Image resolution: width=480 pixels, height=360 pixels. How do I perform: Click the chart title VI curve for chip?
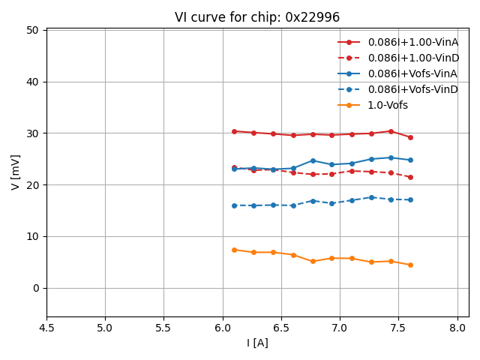pyautogui.click(x=257, y=17)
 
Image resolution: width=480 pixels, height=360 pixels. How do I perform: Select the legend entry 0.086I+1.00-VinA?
pyautogui.click(x=412, y=42)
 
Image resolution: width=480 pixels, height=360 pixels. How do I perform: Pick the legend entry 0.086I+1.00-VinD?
pyautogui.click(x=412, y=58)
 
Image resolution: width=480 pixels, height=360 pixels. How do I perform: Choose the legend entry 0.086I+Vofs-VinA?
pyautogui.click(x=412, y=73)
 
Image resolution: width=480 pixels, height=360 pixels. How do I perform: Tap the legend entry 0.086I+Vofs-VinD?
pyautogui.click(x=412, y=89)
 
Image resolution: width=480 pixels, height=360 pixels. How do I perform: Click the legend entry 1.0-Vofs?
pyautogui.click(x=388, y=105)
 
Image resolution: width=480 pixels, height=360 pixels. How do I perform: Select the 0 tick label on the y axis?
pyautogui.click(x=37, y=288)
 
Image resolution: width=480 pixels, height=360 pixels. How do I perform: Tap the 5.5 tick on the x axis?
pyautogui.click(x=163, y=328)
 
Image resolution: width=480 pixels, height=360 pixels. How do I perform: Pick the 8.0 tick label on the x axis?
pyautogui.click(x=457, y=328)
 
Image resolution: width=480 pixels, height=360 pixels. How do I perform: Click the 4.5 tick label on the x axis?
pyautogui.click(x=46, y=328)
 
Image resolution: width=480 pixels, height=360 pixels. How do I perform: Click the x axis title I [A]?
pyautogui.click(x=257, y=343)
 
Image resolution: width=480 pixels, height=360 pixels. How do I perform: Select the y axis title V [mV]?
pyautogui.click(x=16, y=172)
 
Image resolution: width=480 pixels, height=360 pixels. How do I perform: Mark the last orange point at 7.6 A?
pyautogui.click(x=410, y=265)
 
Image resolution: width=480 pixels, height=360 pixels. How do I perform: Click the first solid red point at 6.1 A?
pyautogui.click(x=234, y=131)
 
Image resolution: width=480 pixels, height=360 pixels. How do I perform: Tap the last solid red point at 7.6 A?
pyautogui.click(x=410, y=137)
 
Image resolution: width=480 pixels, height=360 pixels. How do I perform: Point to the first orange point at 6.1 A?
pyautogui.click(x=234, y=250)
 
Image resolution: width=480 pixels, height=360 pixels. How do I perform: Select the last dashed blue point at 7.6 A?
pyautogui.click(x=410, y=199)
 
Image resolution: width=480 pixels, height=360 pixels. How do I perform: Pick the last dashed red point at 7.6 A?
pyautogui.click(x=410, y=177)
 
